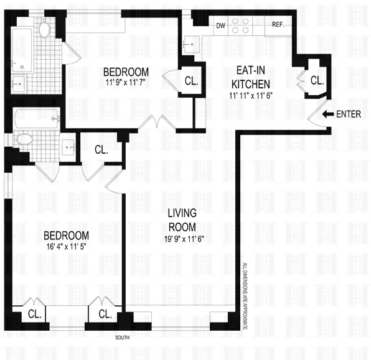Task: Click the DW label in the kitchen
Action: (220, 25)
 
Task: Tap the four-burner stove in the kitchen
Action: (242, 25)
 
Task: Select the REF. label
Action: (278, 25)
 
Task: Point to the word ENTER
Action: (348, 114)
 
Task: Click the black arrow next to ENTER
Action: (328, 114)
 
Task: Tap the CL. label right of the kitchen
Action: (317, 80)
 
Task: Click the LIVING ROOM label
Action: (182, 220)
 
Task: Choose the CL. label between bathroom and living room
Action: (101, 150)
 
